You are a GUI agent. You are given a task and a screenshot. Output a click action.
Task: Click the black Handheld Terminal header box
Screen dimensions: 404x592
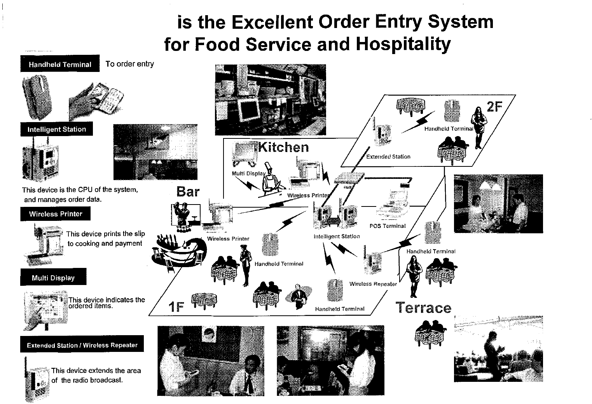click(60, 64)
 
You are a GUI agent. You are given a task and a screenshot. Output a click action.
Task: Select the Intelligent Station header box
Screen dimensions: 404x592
click(57, 129)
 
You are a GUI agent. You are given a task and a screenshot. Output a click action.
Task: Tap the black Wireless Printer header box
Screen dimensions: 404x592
click(56, 214)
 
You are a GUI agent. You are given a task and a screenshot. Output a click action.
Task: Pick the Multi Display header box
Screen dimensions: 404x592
click(53, 278)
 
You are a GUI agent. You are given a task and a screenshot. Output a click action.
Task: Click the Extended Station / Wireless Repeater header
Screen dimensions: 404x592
click(82, 345)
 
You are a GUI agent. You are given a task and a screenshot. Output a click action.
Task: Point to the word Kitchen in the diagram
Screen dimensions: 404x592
click(283, 147)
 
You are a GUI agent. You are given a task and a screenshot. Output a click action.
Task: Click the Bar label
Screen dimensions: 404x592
click(188, 191)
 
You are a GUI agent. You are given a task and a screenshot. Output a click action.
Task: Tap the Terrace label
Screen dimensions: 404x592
click(424, 308)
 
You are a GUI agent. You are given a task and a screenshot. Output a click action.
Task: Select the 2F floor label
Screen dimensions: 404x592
click(495, 106)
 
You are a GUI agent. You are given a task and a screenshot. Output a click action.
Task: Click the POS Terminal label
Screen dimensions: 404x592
click(387, 226)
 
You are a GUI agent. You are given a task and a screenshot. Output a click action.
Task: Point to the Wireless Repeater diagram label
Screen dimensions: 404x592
click(373, 284)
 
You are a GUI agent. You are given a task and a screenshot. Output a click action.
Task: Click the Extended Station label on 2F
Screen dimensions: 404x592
click(388, 157)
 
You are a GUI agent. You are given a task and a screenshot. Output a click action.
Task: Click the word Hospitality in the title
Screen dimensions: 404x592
click(404, 44)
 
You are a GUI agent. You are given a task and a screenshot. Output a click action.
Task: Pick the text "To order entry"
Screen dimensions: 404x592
click(129, 64)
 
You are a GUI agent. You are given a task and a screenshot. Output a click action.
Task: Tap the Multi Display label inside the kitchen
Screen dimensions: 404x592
click(248, 173)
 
